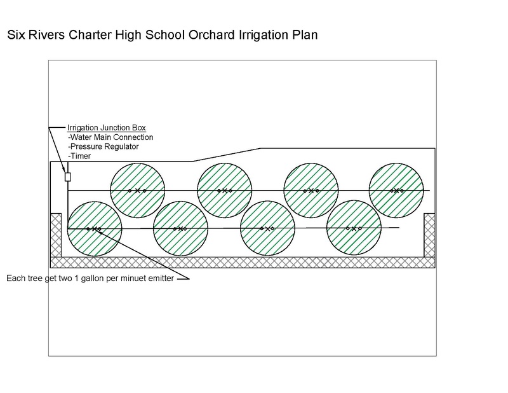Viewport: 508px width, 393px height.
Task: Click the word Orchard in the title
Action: tap(211, 35)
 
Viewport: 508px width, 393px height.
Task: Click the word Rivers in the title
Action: tap(46, 35)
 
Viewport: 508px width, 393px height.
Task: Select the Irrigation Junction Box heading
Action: tap(107, 128)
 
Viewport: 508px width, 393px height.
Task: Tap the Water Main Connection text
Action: tap(110, 137)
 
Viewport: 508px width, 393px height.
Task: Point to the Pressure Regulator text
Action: tap(104, 147)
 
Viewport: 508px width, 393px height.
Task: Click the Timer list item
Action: tap(79, 156)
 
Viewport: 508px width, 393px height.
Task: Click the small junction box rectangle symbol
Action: tap(68, 177)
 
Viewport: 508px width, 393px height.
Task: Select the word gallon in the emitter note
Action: tap(92, 279)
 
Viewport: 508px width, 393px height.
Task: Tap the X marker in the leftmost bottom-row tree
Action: tap(94, 229)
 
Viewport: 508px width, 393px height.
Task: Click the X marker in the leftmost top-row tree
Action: tap(137, 191)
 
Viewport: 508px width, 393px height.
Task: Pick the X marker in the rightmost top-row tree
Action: tap(396, 191)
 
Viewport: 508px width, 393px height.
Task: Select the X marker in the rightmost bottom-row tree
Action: tap(354, 229)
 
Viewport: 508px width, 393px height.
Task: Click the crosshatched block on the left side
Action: tap(56, 235)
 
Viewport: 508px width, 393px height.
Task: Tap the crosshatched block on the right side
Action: tap(430, 235)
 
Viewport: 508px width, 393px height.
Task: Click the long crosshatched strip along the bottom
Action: tap(243, 263)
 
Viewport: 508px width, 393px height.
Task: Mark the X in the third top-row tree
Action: tap(311, 191)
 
